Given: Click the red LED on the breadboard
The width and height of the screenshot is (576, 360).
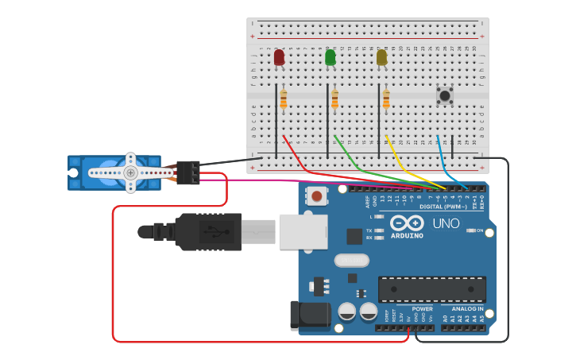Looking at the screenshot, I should click(279, 57).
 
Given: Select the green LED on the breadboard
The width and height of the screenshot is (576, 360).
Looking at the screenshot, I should click(331, 57).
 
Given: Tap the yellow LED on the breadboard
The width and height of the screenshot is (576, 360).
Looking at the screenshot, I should click(381, 57).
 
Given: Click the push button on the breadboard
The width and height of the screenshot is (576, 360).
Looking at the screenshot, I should click(445, 95).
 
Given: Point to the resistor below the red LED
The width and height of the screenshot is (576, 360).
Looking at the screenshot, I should click(284, 99).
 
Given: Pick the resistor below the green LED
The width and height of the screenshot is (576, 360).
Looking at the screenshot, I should click(334, 99).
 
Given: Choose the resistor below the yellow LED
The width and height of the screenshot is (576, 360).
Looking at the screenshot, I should click(386, 99).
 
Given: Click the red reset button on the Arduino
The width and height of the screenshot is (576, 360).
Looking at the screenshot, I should click(317, 195).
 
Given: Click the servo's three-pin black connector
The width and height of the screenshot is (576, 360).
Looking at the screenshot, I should click(188, 172).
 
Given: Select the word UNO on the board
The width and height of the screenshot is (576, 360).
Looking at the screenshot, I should click(446, 224).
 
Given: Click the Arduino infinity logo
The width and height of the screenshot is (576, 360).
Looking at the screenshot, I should click(406, 224).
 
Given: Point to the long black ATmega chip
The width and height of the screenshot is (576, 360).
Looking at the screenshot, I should click(431, 289).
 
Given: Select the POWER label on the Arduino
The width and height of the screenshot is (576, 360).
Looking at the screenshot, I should click(423, 308).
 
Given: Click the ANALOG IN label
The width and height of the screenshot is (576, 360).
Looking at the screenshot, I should click(467, 308).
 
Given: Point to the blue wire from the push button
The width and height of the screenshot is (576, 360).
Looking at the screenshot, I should click(441, 159).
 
